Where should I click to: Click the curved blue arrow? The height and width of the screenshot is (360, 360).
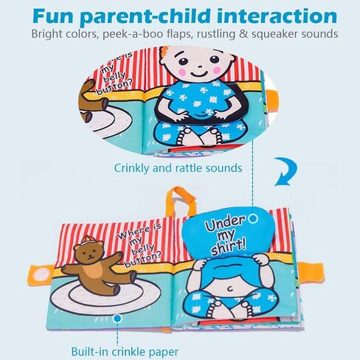285,171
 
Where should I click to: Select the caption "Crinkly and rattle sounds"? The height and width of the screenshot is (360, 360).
178,168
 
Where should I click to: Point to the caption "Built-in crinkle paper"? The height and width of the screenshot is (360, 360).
125,351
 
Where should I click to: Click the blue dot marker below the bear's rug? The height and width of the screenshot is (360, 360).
118,319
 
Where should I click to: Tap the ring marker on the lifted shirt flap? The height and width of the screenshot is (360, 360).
252,218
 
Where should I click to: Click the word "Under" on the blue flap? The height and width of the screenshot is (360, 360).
226,224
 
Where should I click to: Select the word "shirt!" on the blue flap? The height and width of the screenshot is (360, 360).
229,248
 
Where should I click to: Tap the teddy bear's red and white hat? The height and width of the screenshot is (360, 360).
87,240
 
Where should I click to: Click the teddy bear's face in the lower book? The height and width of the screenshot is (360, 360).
89,254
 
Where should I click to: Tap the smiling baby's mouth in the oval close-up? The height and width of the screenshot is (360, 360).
198,74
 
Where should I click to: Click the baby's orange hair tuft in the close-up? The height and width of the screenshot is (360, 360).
162,54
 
